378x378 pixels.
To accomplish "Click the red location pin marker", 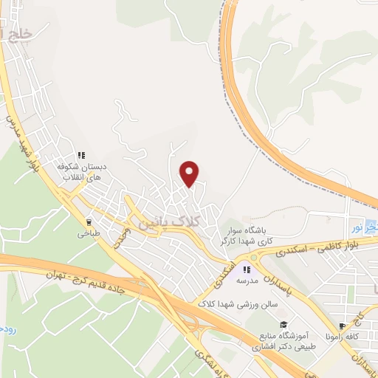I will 190,173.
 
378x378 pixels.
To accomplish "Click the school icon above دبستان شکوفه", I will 83,155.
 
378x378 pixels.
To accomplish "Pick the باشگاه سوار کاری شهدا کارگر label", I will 246,236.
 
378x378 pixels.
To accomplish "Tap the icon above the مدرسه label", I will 247,258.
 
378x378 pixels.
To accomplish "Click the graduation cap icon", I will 282,324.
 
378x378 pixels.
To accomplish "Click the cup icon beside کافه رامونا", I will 342,326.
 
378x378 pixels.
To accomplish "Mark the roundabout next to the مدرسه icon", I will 256,258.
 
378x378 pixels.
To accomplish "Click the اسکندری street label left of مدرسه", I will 225,272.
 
